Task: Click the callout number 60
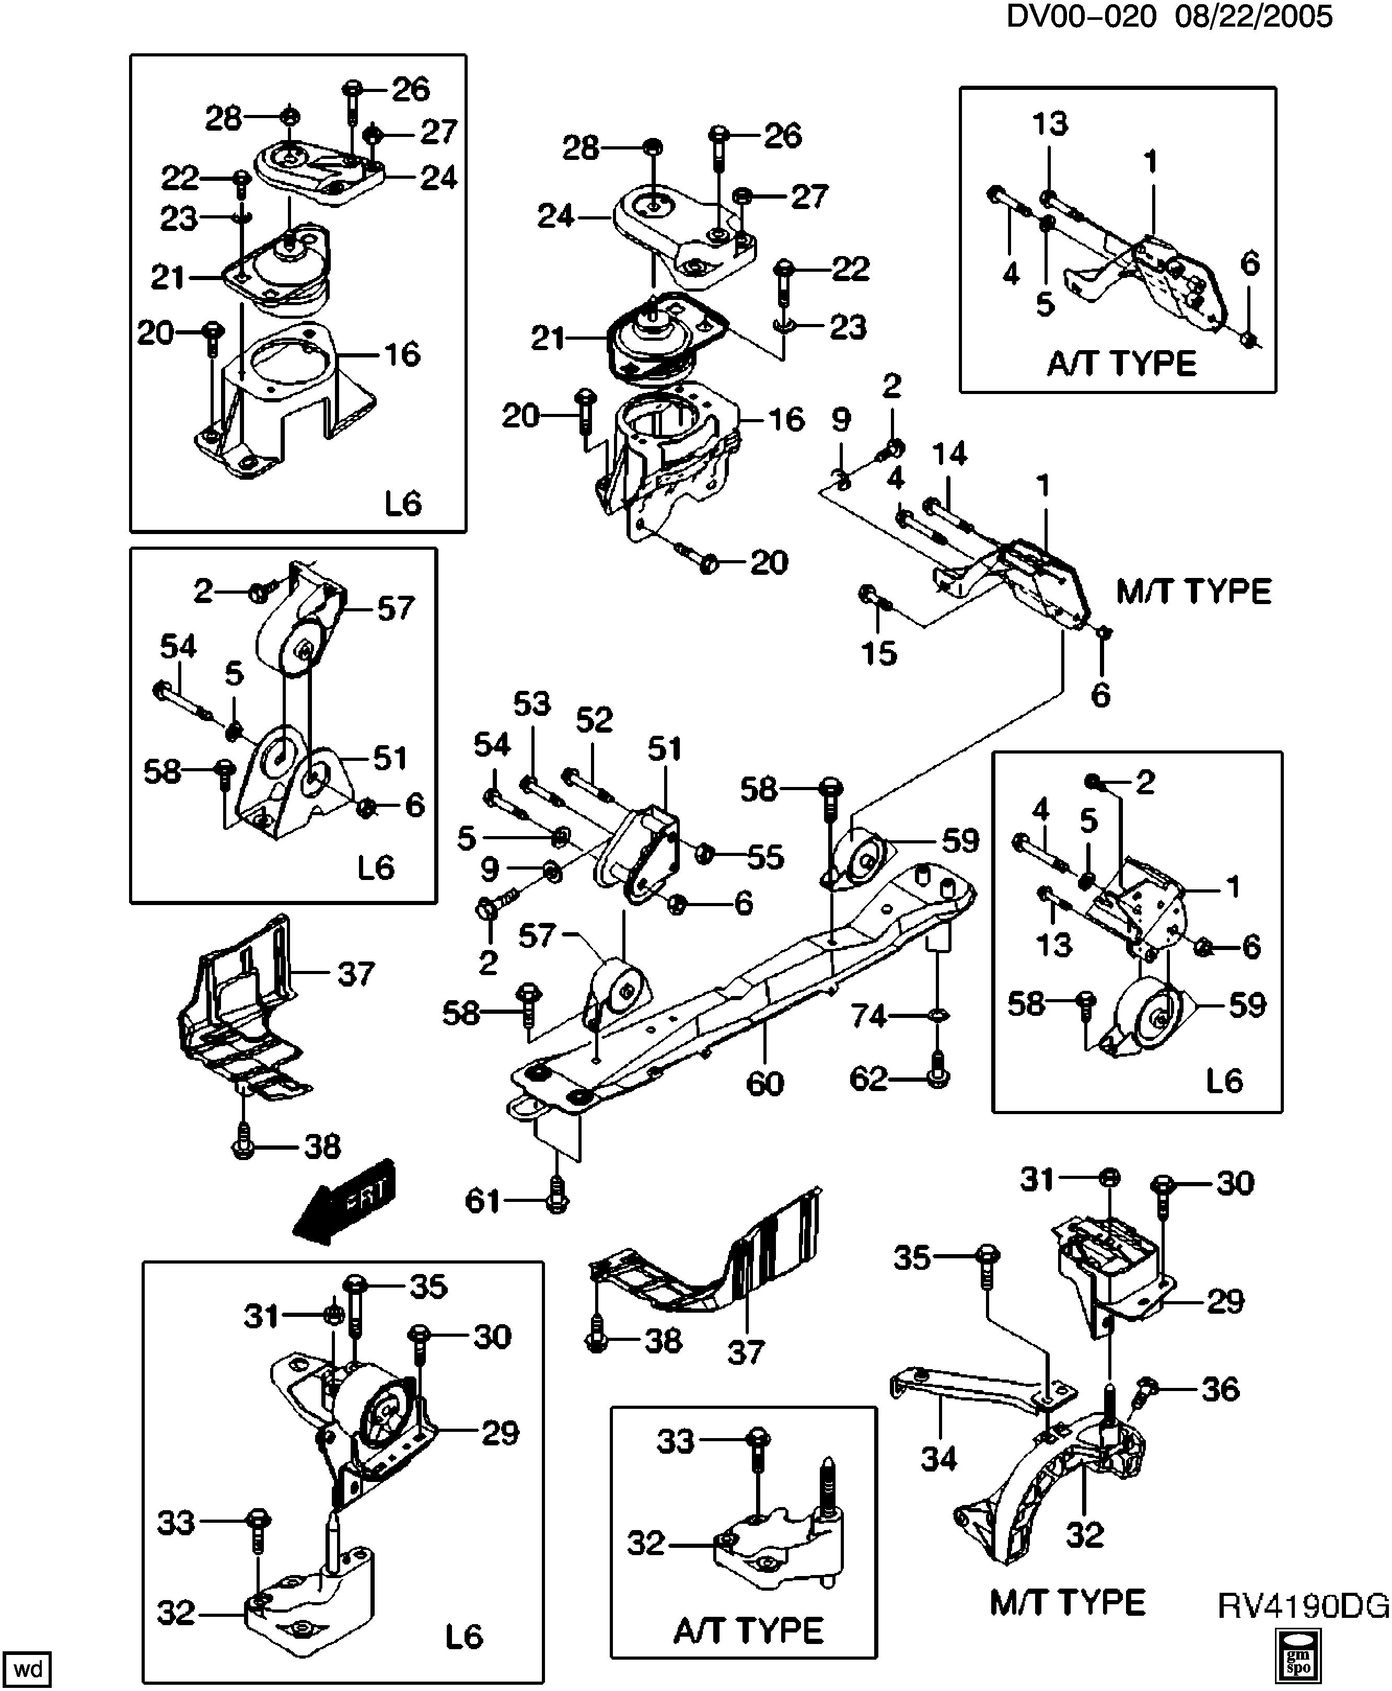pos(764,1083)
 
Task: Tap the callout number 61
pos(483,1201)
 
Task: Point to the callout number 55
pos(765,857)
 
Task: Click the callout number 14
pos(949,454)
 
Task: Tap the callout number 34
pos(938,1458)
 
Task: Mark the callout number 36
pos(1221,1389)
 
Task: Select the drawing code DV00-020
pos(1081,16)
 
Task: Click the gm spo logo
pos(1297,1658)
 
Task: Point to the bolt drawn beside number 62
pos(937,1070)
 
